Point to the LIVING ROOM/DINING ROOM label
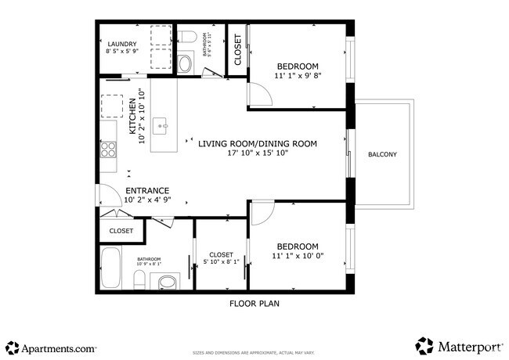[x=257, y=143]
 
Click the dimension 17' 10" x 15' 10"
[x=258, y=153]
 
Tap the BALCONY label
[x=382, y=154]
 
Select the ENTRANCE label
[x=147, y=190]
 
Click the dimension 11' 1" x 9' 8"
[x=298, y=76]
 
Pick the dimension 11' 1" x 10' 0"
[x=298, y=256]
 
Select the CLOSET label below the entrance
[x=121, y=231]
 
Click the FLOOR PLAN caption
[x=254, y=303]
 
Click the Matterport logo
[x=458, y=346]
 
